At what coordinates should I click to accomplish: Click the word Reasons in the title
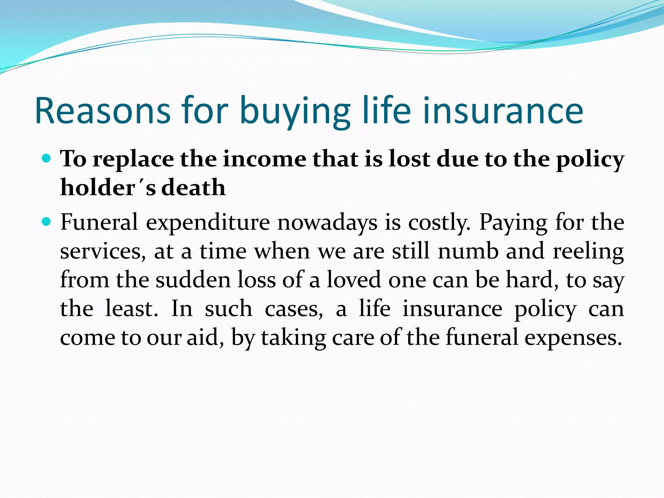102,111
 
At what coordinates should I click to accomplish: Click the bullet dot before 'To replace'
47,159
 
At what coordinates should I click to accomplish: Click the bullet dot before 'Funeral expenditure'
47,222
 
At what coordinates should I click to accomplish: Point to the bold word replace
133,160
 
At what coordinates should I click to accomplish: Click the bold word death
193,188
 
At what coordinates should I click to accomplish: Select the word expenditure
207,223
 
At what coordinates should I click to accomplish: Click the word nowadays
327,223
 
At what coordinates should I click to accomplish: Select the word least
132,309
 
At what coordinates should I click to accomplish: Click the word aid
205,338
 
